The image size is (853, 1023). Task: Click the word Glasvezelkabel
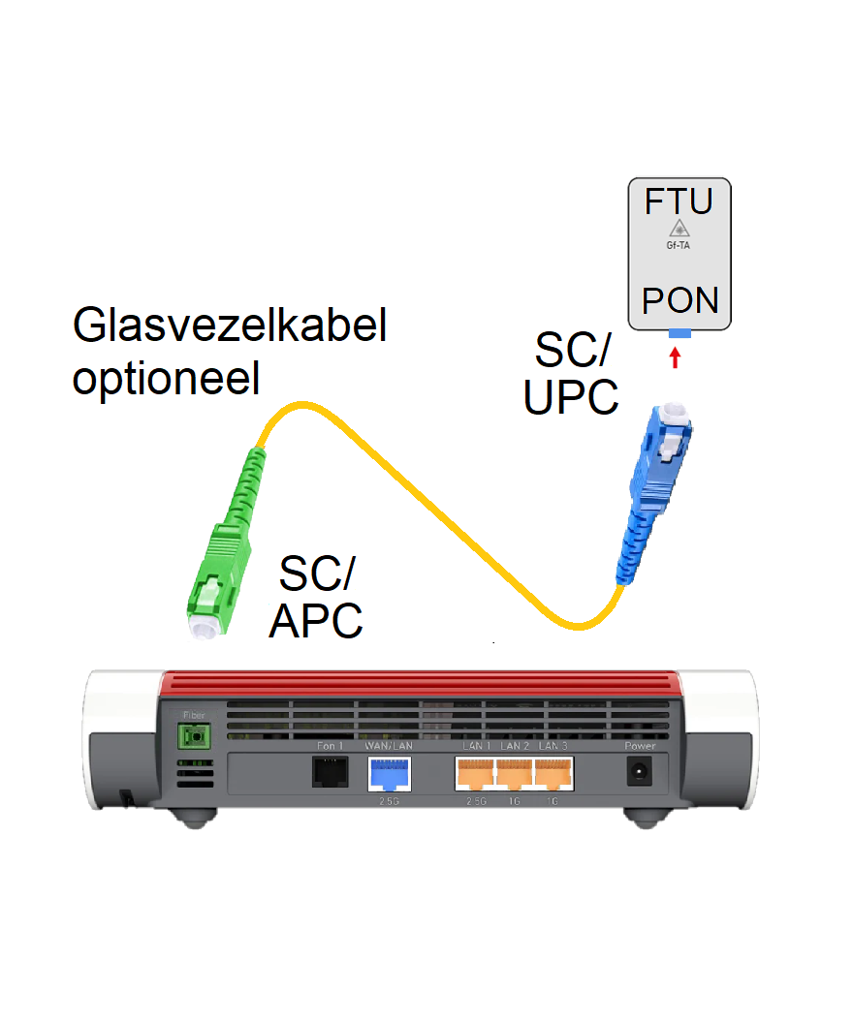coord(230,326)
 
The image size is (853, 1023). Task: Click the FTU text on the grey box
coord(679,202)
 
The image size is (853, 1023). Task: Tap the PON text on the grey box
coord(680,300)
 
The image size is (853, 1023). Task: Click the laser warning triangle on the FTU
coord(679,230)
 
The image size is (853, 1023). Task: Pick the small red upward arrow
coord(677,357)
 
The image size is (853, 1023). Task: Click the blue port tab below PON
coord(679,333)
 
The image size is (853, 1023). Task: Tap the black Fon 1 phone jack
coord(331,771)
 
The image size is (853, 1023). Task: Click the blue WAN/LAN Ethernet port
coord(389,773)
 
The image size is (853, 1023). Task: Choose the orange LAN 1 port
coord(475,773)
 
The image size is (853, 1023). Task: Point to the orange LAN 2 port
coord(515,773)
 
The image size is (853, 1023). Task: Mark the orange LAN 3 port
coord(553,773)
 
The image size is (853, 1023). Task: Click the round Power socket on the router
coord(640,773)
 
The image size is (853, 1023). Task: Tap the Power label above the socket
coord(640,747)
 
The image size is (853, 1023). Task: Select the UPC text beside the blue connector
coord(571,397)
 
